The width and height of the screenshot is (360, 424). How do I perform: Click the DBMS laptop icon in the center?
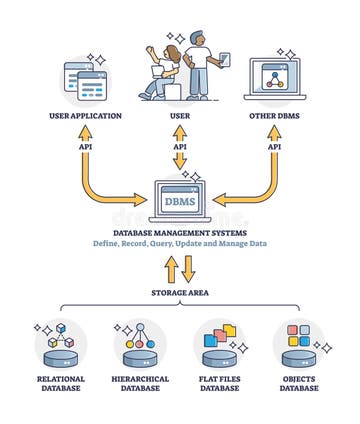coord(180,200)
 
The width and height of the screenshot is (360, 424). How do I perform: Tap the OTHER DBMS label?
coord(273,116)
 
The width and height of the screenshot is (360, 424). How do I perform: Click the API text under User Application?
coord(85,146)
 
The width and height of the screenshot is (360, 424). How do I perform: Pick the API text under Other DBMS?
coord(273,146)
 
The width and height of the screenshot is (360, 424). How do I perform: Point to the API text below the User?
coord(180,146)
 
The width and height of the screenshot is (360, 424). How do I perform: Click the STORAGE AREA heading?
coord(180,293)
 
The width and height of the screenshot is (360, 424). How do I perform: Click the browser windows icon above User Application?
coord(86,79)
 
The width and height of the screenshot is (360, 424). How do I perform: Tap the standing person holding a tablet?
coord(200,65)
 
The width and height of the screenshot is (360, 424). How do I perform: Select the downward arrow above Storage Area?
coord(189,268)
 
